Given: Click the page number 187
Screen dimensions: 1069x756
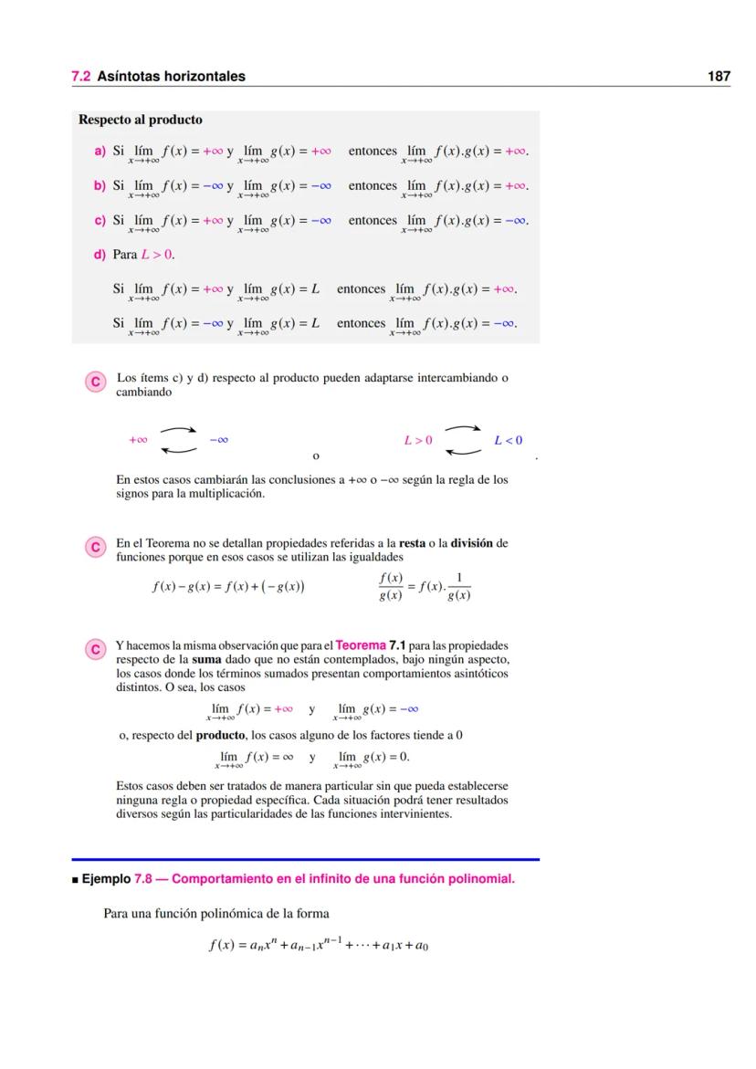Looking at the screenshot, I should [x=719, y=77].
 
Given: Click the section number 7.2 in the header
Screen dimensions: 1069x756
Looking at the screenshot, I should [x=80, y=77].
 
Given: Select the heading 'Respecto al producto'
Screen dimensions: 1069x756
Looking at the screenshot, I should [x=141, y=120].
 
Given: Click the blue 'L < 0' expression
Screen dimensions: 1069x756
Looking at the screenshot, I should [x=509, y=440].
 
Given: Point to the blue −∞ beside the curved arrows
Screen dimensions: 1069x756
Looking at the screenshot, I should [x=218, y=440].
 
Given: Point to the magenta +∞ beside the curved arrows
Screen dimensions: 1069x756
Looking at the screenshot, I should [x=139, y=440].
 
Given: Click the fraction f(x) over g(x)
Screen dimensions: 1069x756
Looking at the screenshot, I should [x=390, y=587].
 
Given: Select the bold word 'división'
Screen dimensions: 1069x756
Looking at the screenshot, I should [x=472, y=543].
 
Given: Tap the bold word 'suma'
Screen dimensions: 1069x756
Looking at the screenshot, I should [x=206, y=658].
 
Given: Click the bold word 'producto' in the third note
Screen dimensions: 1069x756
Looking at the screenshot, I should [x=220, y=735].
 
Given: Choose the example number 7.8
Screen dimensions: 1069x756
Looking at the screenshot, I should [x=144, y=880].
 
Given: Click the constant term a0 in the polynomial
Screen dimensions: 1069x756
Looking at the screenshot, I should [x=421, y=947].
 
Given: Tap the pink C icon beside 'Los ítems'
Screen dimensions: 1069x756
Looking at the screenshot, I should [x=93, y=381].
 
